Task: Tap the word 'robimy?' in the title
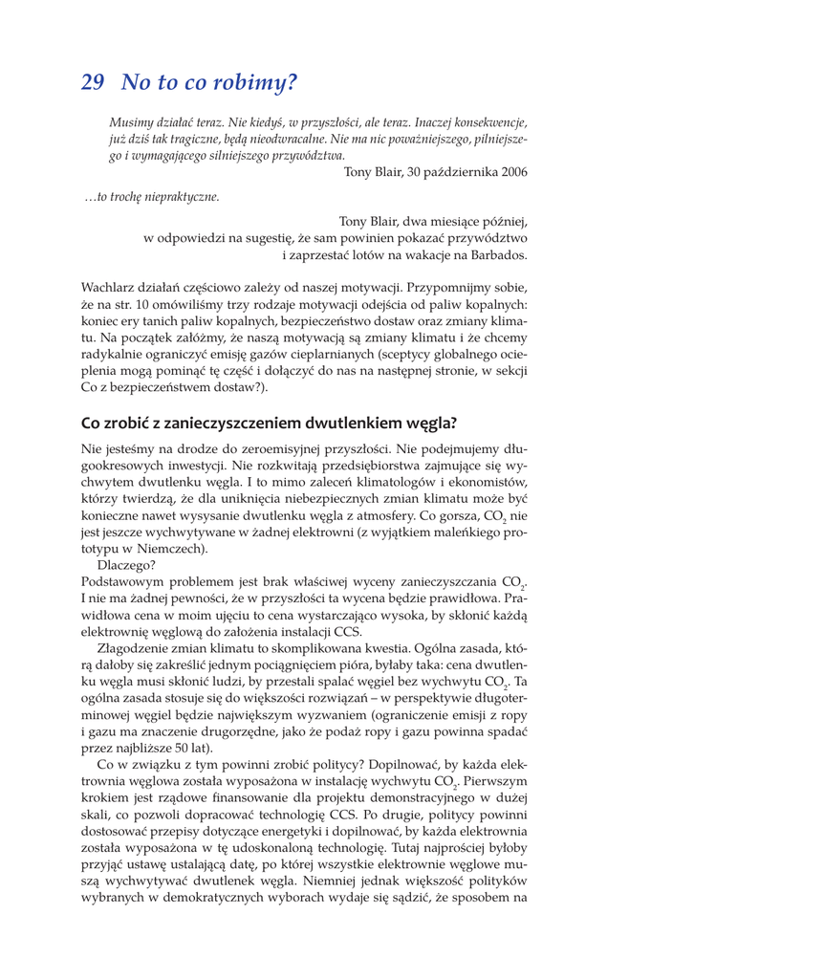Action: pyautogui.click(x=251, y=83)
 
